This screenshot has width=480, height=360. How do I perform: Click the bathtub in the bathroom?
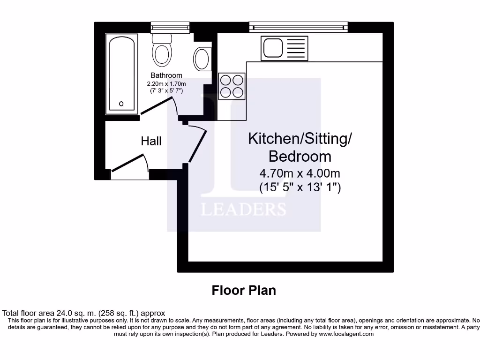tap(122, 73)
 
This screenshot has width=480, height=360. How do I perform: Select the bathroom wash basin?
tap(202, 59)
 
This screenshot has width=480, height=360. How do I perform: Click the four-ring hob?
tap(232, 86)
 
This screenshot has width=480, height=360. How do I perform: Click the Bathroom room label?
tap(166, 75)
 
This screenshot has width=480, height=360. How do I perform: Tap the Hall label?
tap(151, 141)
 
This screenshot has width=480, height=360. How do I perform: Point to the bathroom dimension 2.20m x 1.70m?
tap(166, 83)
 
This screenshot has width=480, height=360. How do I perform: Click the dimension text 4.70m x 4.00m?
tap(300, 173)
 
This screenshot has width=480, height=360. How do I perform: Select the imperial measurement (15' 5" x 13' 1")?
tap(300, 187)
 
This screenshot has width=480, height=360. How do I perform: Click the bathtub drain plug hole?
tap(121, 104)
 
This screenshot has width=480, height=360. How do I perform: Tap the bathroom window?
tap(170, 27)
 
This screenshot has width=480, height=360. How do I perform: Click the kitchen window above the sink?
tap(299, 27)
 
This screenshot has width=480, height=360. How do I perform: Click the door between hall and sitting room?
tap(198, 145)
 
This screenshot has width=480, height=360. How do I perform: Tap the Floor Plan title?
tap(244, 290)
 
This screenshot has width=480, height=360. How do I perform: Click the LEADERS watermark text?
tap(244, 209)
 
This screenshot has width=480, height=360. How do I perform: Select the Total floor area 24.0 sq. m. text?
tap(83, 313)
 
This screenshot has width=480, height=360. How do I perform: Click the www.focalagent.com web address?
tap(346, 334)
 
